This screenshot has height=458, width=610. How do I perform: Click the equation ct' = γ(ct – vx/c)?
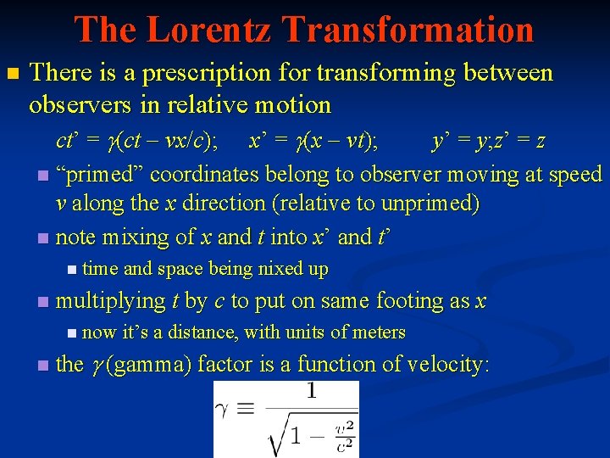(136, 142)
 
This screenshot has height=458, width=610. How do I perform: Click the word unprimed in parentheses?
(436, 204)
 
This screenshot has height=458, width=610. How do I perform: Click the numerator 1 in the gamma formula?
(311, 392)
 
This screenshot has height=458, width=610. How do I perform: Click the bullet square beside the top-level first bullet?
(12, 75)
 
